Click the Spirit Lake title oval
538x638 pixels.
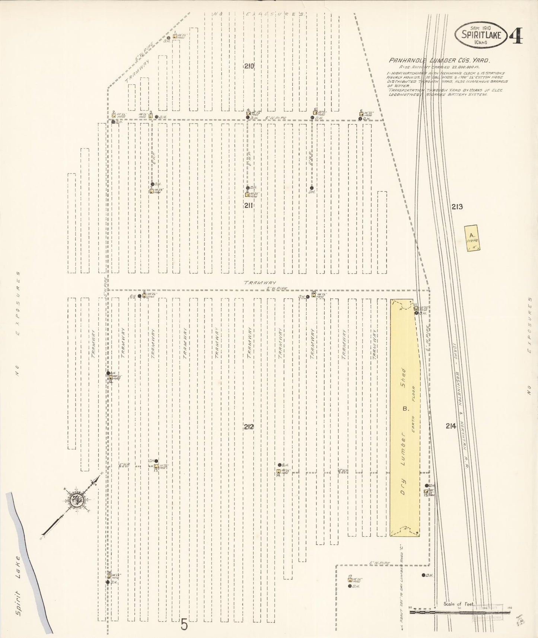pos(481,35)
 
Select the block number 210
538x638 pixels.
pos(249,66)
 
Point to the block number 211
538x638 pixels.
pos(249,205)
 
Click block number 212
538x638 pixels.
pos(249,427)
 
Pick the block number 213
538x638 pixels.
pos(457,207)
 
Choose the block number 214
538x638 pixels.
pos(451,426)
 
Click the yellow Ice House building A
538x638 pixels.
pos(472,238)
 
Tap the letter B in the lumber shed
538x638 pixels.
pos(405,409)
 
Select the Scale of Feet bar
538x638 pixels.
pos(460,612)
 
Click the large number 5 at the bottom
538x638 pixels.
pos(184,624)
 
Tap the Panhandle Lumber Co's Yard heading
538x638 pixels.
pos(439,60)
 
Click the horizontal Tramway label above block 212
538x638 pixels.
pos(257,283)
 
